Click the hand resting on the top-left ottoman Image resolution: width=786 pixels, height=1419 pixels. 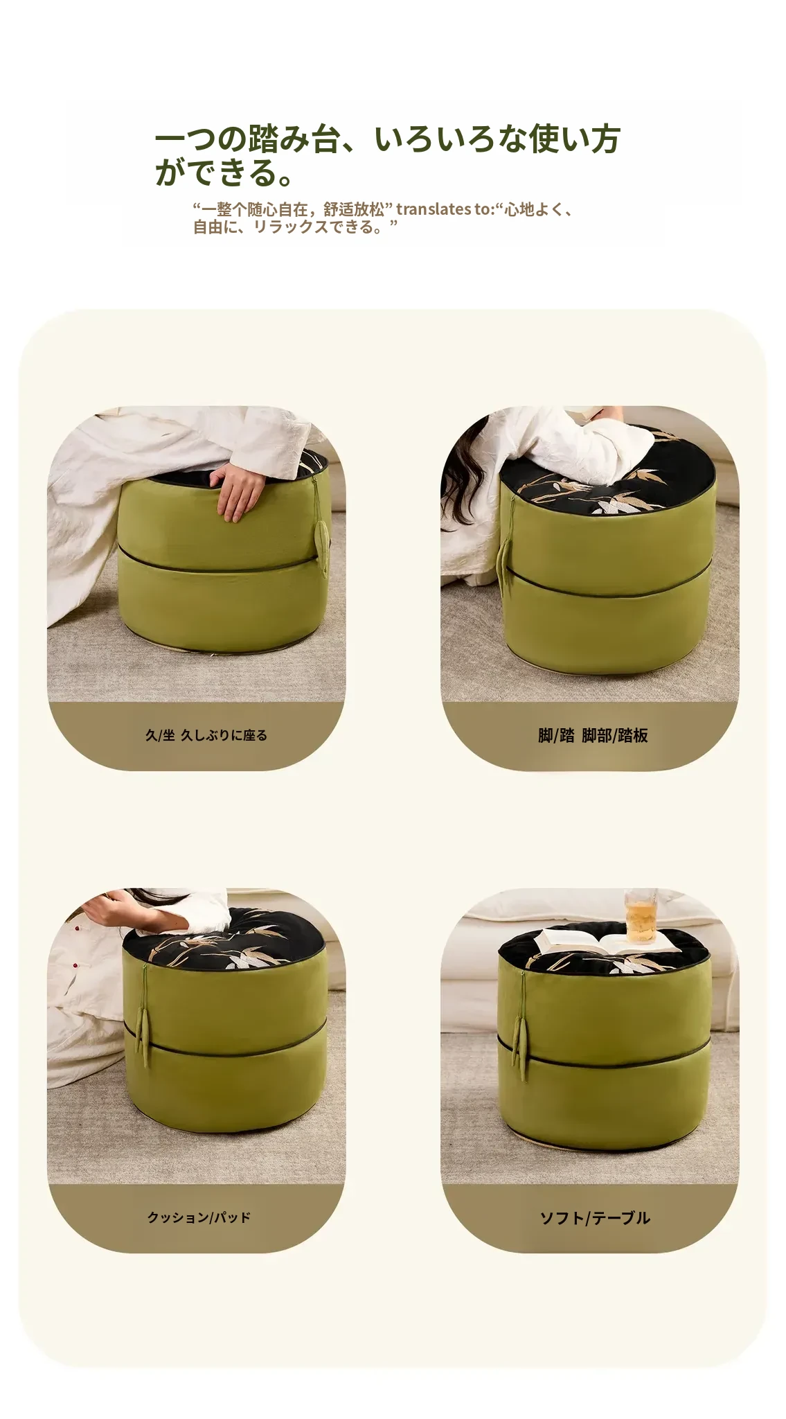[238, 491]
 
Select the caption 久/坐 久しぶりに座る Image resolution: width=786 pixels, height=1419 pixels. [206, 735]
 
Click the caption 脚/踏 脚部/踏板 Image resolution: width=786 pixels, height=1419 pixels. [593, 735]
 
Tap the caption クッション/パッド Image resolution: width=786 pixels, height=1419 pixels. [199, 1217]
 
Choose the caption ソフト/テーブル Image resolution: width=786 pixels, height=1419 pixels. [595, 1217]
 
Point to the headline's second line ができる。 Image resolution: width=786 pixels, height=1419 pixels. [224, 172]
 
